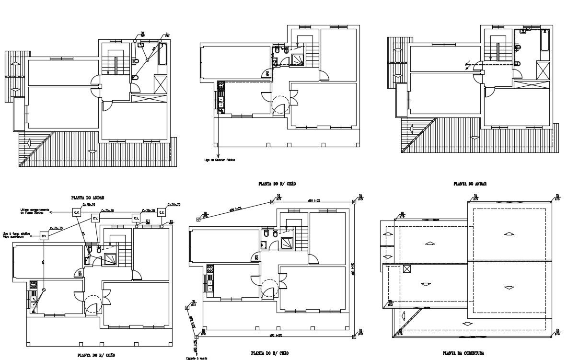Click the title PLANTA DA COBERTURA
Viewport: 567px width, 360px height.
pos(463,352)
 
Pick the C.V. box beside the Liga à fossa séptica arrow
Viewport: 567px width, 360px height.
pos(44,236)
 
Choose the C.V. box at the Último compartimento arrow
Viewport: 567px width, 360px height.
pos(77,211)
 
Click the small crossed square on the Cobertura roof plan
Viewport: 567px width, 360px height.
pos(407,269)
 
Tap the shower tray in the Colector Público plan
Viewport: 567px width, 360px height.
pos(298,59)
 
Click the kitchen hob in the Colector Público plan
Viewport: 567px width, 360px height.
pos(221,87)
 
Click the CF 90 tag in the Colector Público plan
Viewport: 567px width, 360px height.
pos(266,73)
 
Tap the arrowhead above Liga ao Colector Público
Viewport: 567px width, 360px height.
pos(217,154)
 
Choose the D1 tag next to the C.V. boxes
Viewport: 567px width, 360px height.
pos(148,221)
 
